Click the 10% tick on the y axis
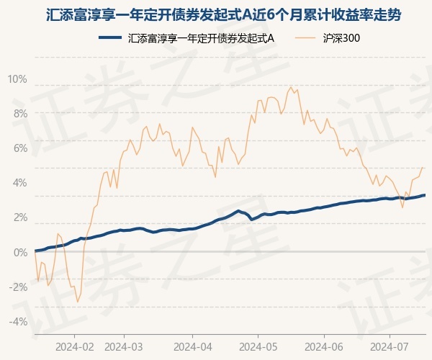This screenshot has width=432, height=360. click(17, 78)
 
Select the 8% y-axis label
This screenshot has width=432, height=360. click(19, 113)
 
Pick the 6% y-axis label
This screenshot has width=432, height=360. click(19, 148)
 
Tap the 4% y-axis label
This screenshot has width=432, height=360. click(19, 182)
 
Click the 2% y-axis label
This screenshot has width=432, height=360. click(19, 217)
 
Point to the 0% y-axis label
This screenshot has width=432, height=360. click(19, 252)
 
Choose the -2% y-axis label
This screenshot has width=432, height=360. click(18, 287)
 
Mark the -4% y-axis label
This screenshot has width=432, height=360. click(18, 321)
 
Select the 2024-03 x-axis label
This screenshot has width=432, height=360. click(125, 346)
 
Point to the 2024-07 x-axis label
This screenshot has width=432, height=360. click(389, 346)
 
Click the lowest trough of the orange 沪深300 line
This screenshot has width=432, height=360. click(77, 302)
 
